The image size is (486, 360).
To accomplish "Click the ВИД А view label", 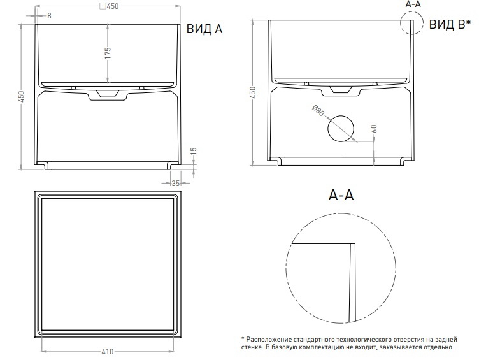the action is click(x=204, y=29).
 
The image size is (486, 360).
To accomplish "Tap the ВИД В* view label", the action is click(x=450, y=24).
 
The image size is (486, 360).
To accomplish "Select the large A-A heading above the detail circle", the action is click(x=341, y=195).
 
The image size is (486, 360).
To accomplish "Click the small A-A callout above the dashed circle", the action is click(x=413, y=4).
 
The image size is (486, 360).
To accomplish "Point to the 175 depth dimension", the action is click(x=108, y=53).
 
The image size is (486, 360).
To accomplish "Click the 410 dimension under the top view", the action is click(x=108, y=352).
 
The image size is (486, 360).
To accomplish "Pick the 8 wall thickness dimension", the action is click(x=49, y=16).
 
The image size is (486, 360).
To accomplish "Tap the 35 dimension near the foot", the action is click(x=175, y=184).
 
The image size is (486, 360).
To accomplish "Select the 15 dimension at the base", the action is click(x=193, y=151).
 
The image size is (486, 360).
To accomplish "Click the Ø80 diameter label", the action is click(x=318, y=111).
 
